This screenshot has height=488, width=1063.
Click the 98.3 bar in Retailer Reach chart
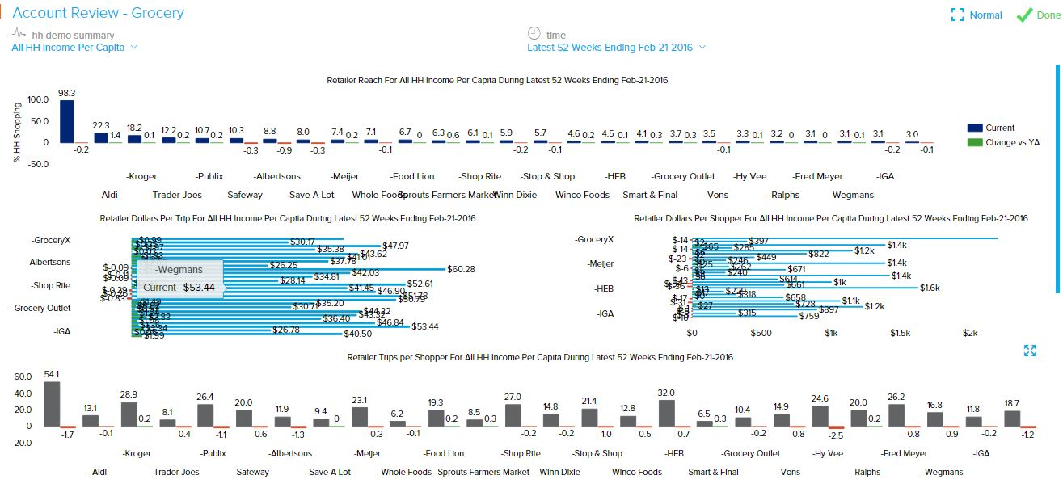tap(67, 121)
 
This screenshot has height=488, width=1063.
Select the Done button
tap(1037, 15)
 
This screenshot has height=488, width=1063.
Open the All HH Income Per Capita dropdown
tap(74, 48)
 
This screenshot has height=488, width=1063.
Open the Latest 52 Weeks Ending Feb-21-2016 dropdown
tap(616, 48)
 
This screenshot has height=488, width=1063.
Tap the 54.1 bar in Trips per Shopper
tap(52, 403)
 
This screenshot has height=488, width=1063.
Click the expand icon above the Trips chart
tap(1030, 351)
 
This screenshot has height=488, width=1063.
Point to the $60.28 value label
tap(462, 269)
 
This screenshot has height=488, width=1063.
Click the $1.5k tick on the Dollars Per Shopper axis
tap(900, 333)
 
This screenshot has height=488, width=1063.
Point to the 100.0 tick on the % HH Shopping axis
tap(38, 100)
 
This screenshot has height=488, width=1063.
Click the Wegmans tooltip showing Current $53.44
tap(179, 279)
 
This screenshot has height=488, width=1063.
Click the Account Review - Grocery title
tap(99, 13)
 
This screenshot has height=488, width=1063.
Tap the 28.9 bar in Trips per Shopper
tap(129, 414)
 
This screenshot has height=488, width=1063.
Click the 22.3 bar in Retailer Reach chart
tap(101, 137)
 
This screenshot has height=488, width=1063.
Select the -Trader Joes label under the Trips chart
tap(175, 472)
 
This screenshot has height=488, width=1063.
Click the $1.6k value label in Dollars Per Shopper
tap(930, 288)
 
